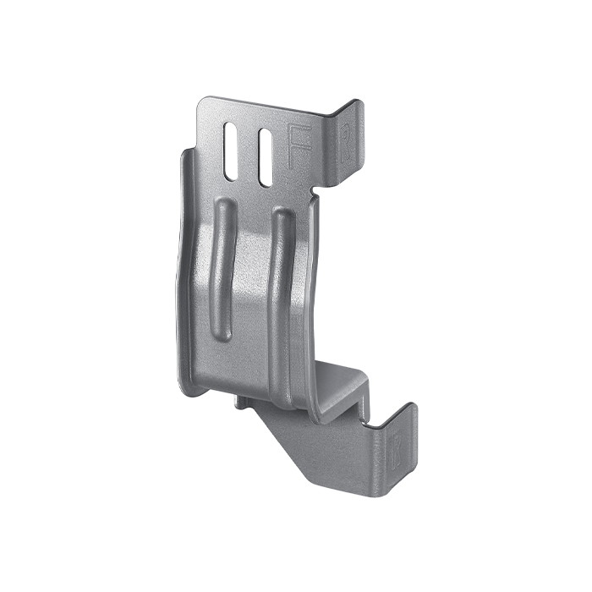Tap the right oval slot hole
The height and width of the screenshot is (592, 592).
(265, 156)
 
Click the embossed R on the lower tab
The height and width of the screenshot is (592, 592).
(399, 446)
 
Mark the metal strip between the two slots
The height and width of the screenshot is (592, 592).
(249, 154)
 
